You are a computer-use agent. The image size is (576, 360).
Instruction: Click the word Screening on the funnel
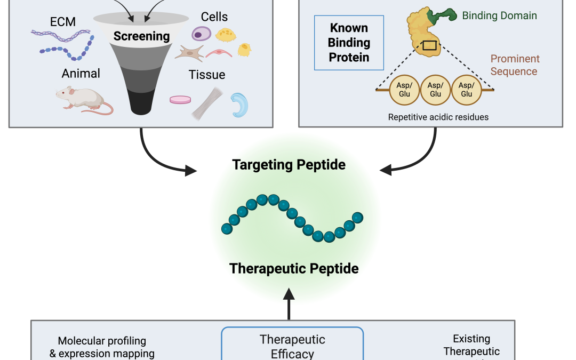tap(141, 36)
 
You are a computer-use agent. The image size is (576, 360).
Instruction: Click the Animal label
tap(81, 73)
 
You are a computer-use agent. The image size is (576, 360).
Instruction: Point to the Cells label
tap(214, 17)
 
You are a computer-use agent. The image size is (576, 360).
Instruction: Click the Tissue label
tap(207, 75)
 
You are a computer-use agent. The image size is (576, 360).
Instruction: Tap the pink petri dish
tap(180, 100)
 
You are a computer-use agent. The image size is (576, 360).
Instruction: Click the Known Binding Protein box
tap(349, 43)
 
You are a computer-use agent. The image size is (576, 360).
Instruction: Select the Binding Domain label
tap(499, 15)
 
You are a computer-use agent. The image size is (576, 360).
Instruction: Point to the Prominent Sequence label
tap(515, 65)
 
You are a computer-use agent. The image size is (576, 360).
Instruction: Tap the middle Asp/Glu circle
tap(436, 90)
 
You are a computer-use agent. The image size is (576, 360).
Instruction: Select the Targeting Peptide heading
tap(289, 165)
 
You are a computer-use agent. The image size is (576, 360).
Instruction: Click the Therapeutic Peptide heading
tap(294, 268)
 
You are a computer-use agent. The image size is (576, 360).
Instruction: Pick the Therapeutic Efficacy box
tap(292, 344)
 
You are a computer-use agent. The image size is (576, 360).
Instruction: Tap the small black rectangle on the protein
tap(429, 45)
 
